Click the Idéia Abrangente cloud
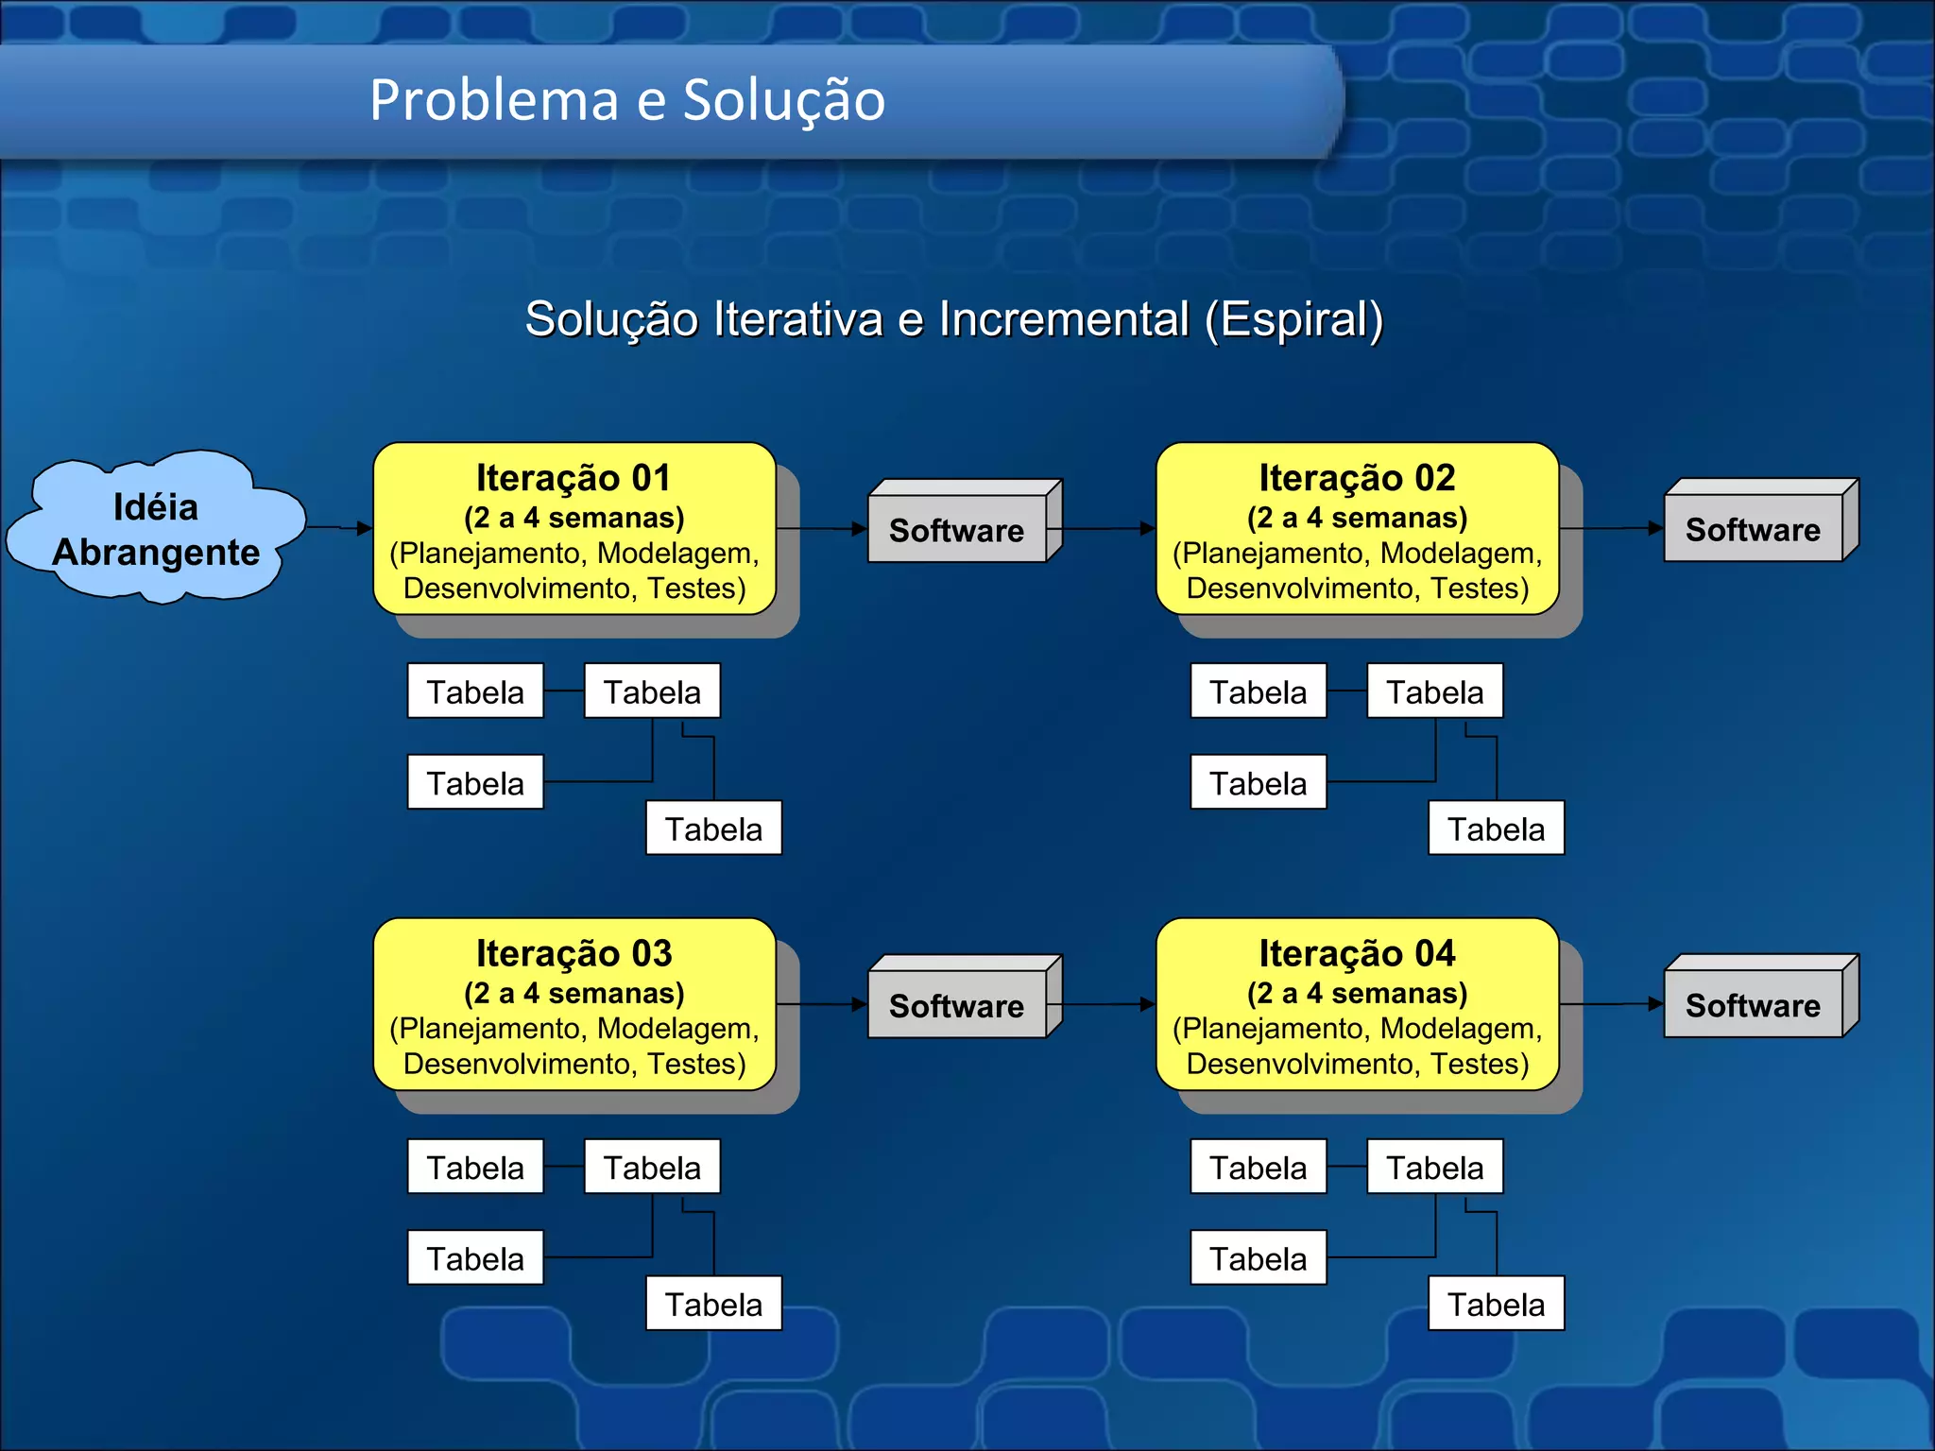pyautogui.click(x=156, y=529)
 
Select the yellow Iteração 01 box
pyautogui.click(x=574, y=529)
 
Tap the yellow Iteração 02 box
pyautogui.click(x=1357, y=529)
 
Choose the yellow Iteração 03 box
pyautogui.click(x=574, y=1004)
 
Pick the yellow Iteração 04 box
pyautogui.click(x=1357, y=1004)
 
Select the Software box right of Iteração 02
pyautogui.click(x=1754, y=530)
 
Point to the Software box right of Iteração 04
pyautogui.click(x=1754, y=1005)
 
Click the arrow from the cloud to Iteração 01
pyautogui.click(x=340, y=528)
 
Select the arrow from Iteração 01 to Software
pyautogui.click(x=822, y=529)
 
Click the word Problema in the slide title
pyautogui.click(x=492, y=100)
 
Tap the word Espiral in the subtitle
pyautogui.click(x=1293, y=319)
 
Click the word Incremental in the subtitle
pyautogui.click(x=1063, y=319)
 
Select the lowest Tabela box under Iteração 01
pyautogui.click(x=713, y=828)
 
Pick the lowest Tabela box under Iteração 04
pyautogui.click(x=1496, y=1304)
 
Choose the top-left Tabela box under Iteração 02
pyautogui.click(x=1258, y=691)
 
